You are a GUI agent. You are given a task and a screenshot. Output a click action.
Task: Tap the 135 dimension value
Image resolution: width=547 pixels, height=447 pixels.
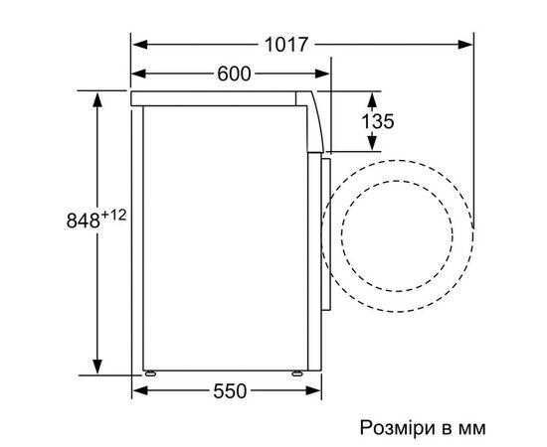pos(378,122)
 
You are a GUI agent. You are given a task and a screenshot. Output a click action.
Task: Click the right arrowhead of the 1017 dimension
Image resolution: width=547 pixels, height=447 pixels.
pos(466,45)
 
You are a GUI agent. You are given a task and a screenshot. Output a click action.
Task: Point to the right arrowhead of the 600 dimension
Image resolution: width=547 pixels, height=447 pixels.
pos(323,74)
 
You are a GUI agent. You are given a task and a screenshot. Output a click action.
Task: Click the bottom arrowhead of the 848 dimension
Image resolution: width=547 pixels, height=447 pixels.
pos(97,364)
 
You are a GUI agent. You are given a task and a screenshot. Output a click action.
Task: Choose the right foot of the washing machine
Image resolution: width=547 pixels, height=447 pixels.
pos(295,372)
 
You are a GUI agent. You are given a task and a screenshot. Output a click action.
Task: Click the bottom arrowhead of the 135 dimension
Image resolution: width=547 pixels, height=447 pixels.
pos(372,146)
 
